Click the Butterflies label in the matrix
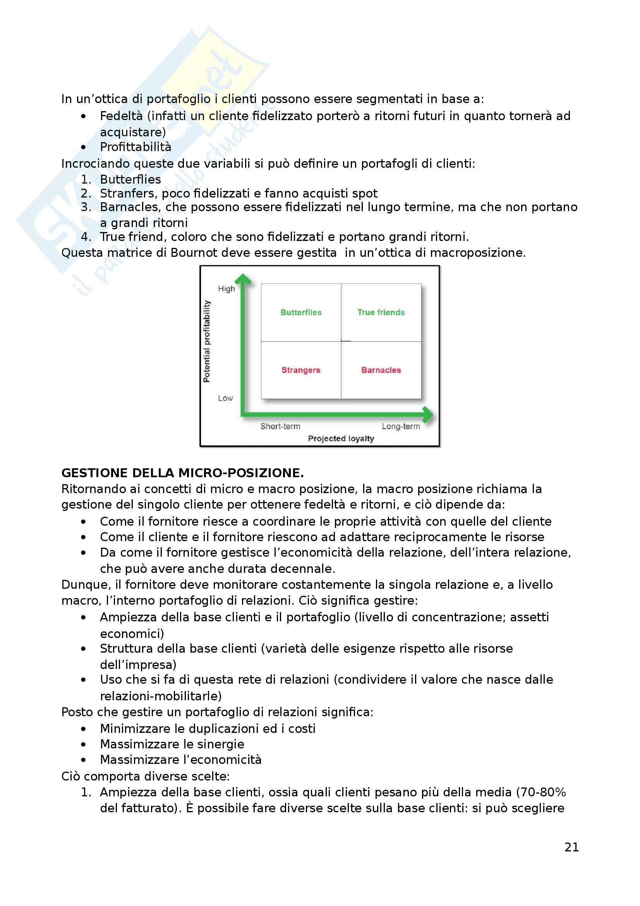click(x=301, y=312)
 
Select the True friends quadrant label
click(x=381, y=312)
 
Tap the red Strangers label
click(x=301, y=370)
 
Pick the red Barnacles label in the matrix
click(x=381, y=370)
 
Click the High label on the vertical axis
click(x=226, y=289)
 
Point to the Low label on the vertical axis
click(x=226, y=398)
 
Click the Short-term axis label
click(x=280, y=426)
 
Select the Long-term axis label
click(x=401, y=426)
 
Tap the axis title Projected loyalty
click(x=341, y=438)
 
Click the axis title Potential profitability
click(x=207, y=341)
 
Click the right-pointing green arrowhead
click(x=427, y=414)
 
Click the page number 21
click(x=571, y=847)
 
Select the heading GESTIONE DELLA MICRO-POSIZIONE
click(x=183, y=473)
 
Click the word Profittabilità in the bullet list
click(x=136, y=147)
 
